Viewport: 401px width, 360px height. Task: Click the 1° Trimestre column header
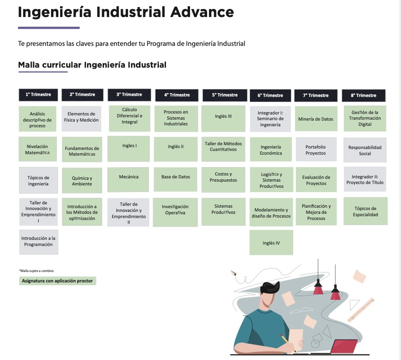38,95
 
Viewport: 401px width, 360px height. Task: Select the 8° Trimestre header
363,96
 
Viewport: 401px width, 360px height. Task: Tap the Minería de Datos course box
316,119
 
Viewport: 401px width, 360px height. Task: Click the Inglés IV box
271,243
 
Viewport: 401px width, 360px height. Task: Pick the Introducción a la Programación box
39,242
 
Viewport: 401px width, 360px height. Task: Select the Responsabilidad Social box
365,150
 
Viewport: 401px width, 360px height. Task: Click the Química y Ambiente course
82,181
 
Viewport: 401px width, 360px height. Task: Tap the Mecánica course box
128,179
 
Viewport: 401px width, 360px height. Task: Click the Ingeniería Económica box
270,149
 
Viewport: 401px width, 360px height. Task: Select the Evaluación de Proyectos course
316,180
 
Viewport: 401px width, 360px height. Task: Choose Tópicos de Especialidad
366,211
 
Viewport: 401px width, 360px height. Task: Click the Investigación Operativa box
175,212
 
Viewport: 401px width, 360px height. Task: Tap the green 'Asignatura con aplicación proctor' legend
58,281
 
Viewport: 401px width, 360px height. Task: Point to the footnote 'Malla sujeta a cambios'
36,271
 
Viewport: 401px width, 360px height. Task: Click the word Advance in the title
202,12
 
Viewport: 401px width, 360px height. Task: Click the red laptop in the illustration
344,346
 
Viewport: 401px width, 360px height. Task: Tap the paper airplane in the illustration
233,273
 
